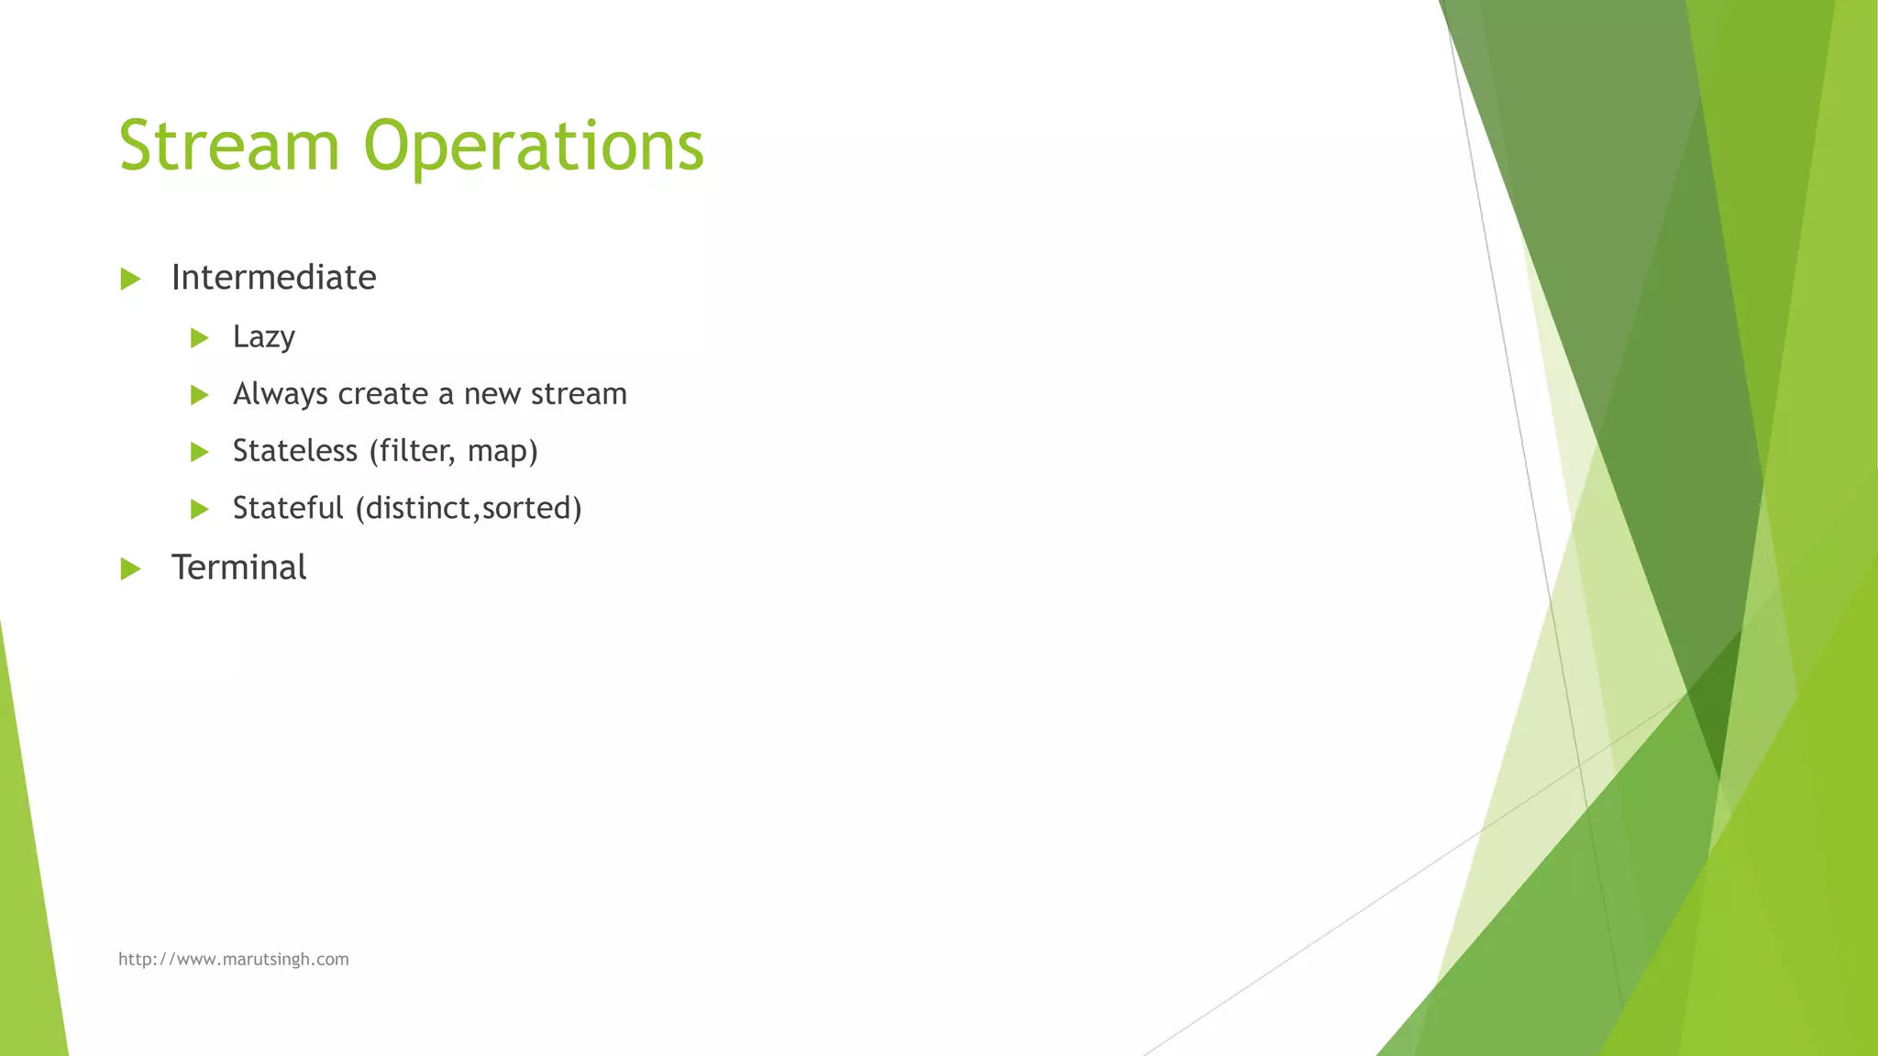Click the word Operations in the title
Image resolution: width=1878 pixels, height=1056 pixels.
534,147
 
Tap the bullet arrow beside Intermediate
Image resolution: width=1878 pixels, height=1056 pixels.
130,279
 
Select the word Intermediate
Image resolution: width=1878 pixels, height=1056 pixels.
273,278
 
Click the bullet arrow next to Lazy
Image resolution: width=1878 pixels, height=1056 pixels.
199,338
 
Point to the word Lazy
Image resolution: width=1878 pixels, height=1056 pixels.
263,337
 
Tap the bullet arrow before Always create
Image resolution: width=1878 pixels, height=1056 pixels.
199,395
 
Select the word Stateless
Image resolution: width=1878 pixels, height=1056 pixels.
294,451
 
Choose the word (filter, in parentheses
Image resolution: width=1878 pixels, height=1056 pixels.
412,451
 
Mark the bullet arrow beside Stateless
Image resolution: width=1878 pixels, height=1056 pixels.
199,452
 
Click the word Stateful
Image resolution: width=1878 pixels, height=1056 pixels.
287,508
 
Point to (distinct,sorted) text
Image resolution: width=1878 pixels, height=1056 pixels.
469,508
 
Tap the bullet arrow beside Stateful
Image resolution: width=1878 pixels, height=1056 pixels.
199,509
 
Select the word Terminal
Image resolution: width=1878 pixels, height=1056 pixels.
238,567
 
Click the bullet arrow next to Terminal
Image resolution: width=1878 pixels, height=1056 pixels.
130,569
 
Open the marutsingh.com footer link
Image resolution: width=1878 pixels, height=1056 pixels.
233,959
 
